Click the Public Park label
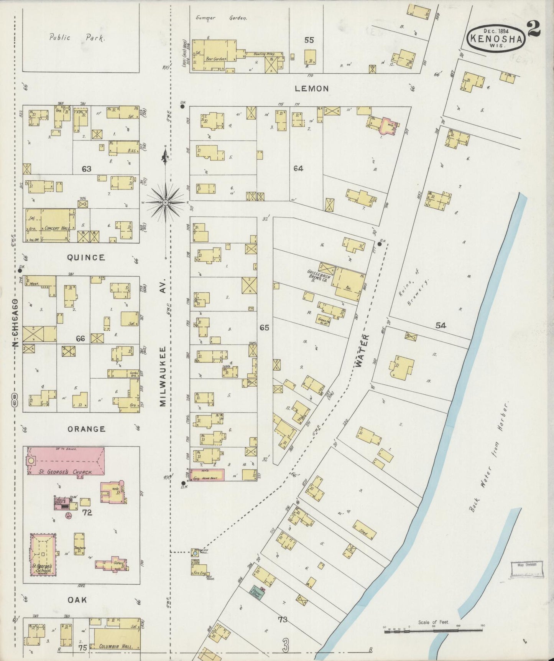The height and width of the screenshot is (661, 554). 77,38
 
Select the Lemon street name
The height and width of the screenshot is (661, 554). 312,89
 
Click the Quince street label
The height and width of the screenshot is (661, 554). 86,257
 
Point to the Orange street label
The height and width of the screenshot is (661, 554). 86,429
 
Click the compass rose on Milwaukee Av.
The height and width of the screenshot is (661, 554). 165,202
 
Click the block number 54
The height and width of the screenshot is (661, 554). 441,325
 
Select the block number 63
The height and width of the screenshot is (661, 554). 86,168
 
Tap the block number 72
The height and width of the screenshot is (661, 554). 87,512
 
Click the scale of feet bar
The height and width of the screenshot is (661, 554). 433,628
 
